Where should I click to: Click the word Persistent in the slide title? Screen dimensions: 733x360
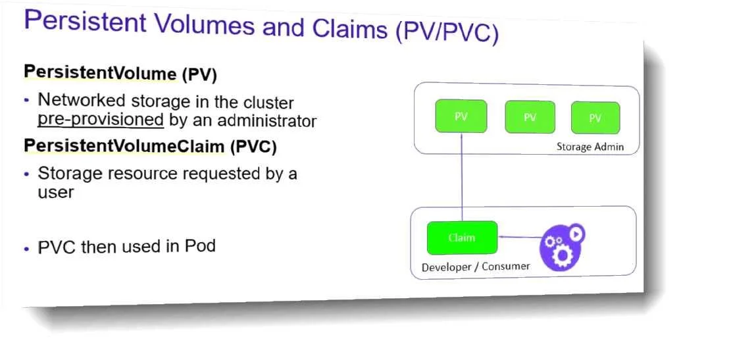pyautogui.click(x=85, y=22)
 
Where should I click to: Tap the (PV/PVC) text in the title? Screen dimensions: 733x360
pyautogui.click(x=447, y=33)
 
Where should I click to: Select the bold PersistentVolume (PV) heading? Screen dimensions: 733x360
pyautogui.click(x=120, y=74)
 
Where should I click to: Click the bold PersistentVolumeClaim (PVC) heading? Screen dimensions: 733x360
pyautogui.click(x=150, y=146)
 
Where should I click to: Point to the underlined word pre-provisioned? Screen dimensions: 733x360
pyautogui.click(x=101, y=120)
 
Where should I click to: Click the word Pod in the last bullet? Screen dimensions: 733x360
pyautogui.click(x=200, y=245)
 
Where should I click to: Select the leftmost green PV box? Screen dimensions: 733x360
pyautogui.click(x=461, y=116)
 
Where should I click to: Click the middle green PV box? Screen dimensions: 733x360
pyautogui.click(x=530, y=117)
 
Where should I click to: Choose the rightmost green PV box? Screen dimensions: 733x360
pyautogui.click(x=595, y=118)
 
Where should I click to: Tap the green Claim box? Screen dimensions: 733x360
pyautogui.click(x=463, y=238)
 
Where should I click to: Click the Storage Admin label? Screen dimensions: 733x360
pyautogui.click(x=590, y=147)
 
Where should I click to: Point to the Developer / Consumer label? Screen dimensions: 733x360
pyautogui.click(x=476, y=267)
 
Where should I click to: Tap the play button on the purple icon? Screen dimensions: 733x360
pyautogui.click(x=577, y=233)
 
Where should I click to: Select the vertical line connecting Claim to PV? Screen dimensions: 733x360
pyautogui.click(x=462, y=177)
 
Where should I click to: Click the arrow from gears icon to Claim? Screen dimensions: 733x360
pyautogui.click(x=519, y=238)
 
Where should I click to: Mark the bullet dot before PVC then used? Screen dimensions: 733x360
pyautogui.click(x=26, y=249)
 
